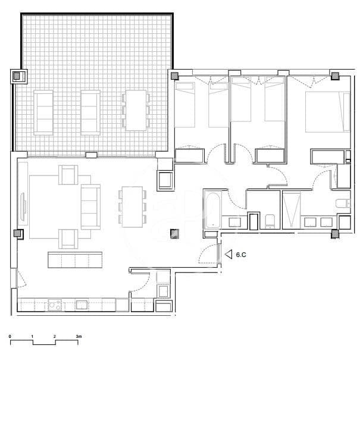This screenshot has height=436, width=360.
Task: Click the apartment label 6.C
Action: (242, 255)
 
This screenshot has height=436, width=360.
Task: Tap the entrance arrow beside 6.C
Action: (228, 255)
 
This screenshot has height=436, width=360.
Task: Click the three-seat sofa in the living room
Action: (90, 206)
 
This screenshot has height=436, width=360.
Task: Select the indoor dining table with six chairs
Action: (132, 206)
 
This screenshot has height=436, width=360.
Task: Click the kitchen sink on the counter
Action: (82, 305)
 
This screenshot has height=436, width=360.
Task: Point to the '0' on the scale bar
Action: (10, 337)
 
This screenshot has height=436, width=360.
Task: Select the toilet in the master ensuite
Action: (343, 204)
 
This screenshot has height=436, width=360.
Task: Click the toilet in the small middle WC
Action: (270, 221)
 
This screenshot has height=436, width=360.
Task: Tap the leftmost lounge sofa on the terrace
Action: (45, 112)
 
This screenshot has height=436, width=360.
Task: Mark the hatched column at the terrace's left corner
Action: (17, 76)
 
